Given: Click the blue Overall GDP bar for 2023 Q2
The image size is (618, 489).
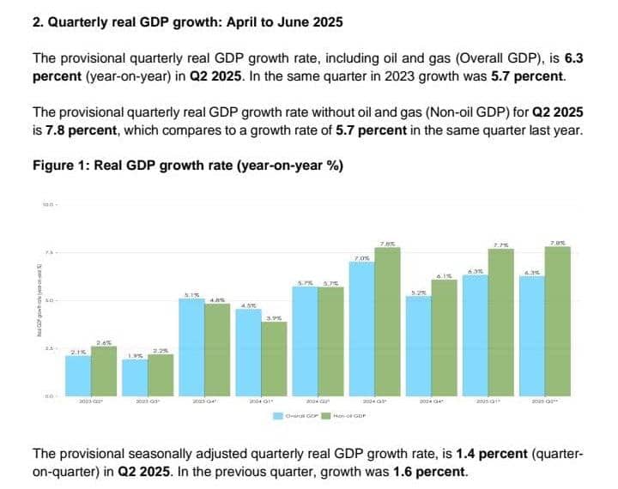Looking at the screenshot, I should [x=78, y=375].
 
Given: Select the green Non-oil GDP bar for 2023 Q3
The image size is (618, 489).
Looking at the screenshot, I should [x=160, y=374].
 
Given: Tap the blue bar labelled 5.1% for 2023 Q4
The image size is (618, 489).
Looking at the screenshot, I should [x=191, y=347].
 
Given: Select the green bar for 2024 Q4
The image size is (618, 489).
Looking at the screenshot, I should [x=444, y=338].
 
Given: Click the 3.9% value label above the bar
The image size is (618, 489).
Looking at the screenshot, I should [x=274, y=317].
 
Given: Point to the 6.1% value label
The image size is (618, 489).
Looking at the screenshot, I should [x=444, y=275].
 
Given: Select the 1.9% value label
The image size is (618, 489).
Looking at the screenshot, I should [x=135, y=355].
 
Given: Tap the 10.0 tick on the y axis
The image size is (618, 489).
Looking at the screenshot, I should [x=49, y=204].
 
